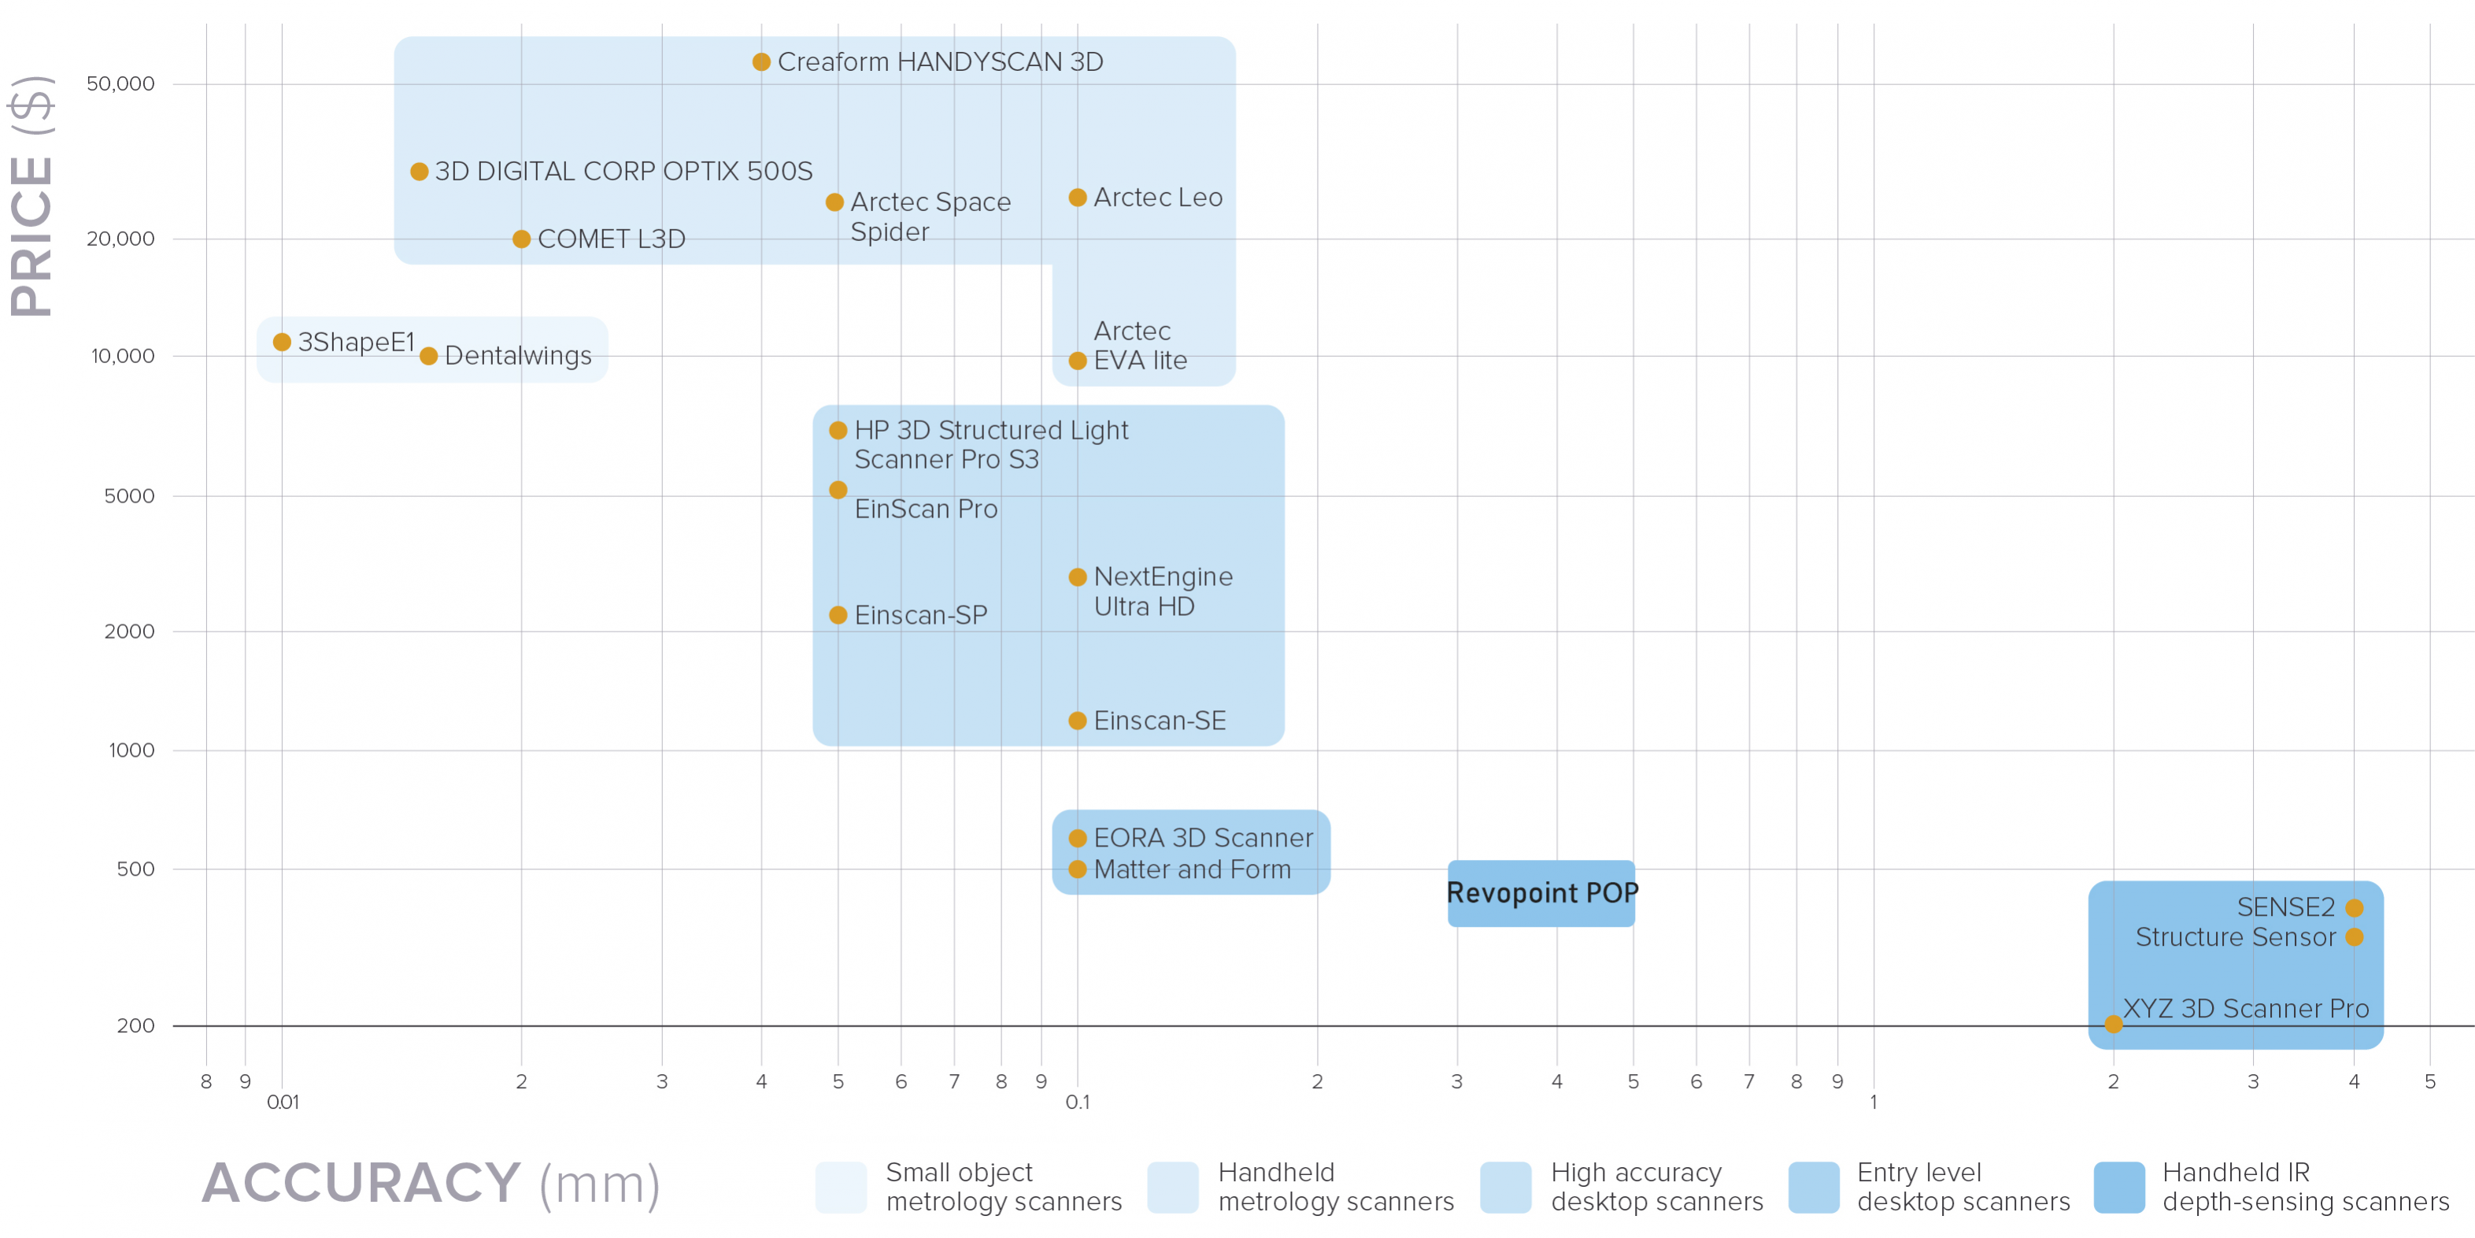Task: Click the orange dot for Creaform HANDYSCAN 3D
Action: click(761, 62)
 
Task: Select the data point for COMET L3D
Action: click(521, 239)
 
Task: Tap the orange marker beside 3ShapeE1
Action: click(282, 342)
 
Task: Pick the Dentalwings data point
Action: click(428, 357)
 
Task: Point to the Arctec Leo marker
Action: click(1077, 198)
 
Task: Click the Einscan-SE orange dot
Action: click(1077, 721)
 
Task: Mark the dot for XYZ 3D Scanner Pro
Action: click(2113, 1025)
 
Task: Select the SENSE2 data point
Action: click(2354, 907)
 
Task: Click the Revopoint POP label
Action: click(1541, 893)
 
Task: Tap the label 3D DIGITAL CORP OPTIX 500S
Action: click(623, 172)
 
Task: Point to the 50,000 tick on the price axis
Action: click(120, 84)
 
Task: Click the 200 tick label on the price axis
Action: click(135, 1025)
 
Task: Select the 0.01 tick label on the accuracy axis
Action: click(283, 1103)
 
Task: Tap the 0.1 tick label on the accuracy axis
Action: click(1077, 1103)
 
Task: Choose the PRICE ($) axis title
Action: click(31, 196)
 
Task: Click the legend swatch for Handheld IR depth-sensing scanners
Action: click(2118, 1187)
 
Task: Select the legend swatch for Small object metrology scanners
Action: click(841, 1187)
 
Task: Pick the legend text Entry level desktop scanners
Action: click(1963, 1187)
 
